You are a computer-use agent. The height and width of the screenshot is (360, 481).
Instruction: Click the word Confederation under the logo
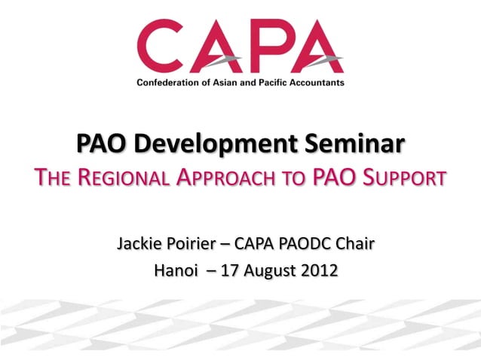coord(169,81)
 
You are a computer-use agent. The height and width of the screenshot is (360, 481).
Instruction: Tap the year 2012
coord(320,270)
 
